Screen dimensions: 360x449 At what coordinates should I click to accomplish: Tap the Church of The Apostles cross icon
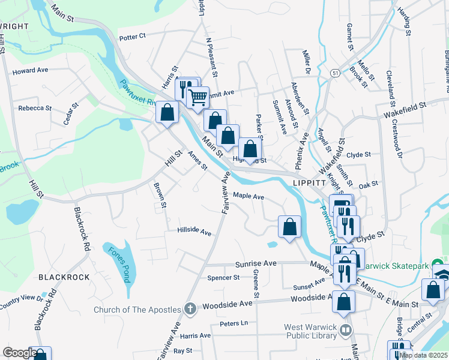pos(190,308)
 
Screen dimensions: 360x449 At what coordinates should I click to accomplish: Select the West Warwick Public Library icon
pos(345,329)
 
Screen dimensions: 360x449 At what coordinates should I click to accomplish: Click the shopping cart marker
pos(197,96)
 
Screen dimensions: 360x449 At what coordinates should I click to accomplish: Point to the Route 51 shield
pos(334,73)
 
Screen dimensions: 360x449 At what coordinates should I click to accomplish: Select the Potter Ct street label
pos(133,37)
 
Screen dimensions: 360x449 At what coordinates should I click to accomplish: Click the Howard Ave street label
pos(30,70)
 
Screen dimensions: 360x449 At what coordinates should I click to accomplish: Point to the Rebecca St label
pos(35,108)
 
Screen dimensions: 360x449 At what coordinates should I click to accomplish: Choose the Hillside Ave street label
pos(194,232)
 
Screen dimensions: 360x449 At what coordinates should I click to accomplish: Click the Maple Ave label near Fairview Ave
pos(249,196)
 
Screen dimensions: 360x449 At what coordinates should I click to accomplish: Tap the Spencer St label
pos(223,278)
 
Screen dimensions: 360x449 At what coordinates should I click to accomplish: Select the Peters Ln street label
pos(234,323)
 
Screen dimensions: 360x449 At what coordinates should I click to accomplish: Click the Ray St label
pos(182,350)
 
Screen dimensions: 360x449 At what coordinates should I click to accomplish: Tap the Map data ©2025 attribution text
pos(423,355)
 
